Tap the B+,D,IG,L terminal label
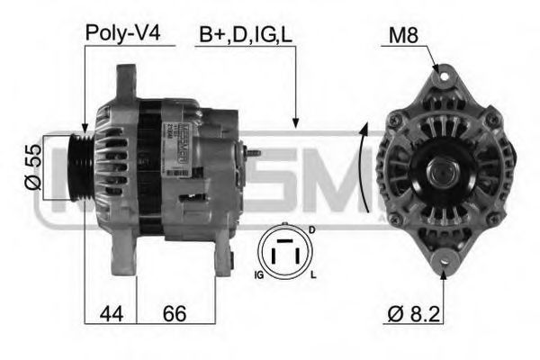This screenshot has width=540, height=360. click(x=245, y=33)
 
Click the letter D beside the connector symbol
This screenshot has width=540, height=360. click(x=311, y=231)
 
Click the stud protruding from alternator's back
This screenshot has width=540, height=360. click(x=254, y=154)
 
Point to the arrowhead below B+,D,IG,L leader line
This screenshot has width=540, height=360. click(x=294, y=121)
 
